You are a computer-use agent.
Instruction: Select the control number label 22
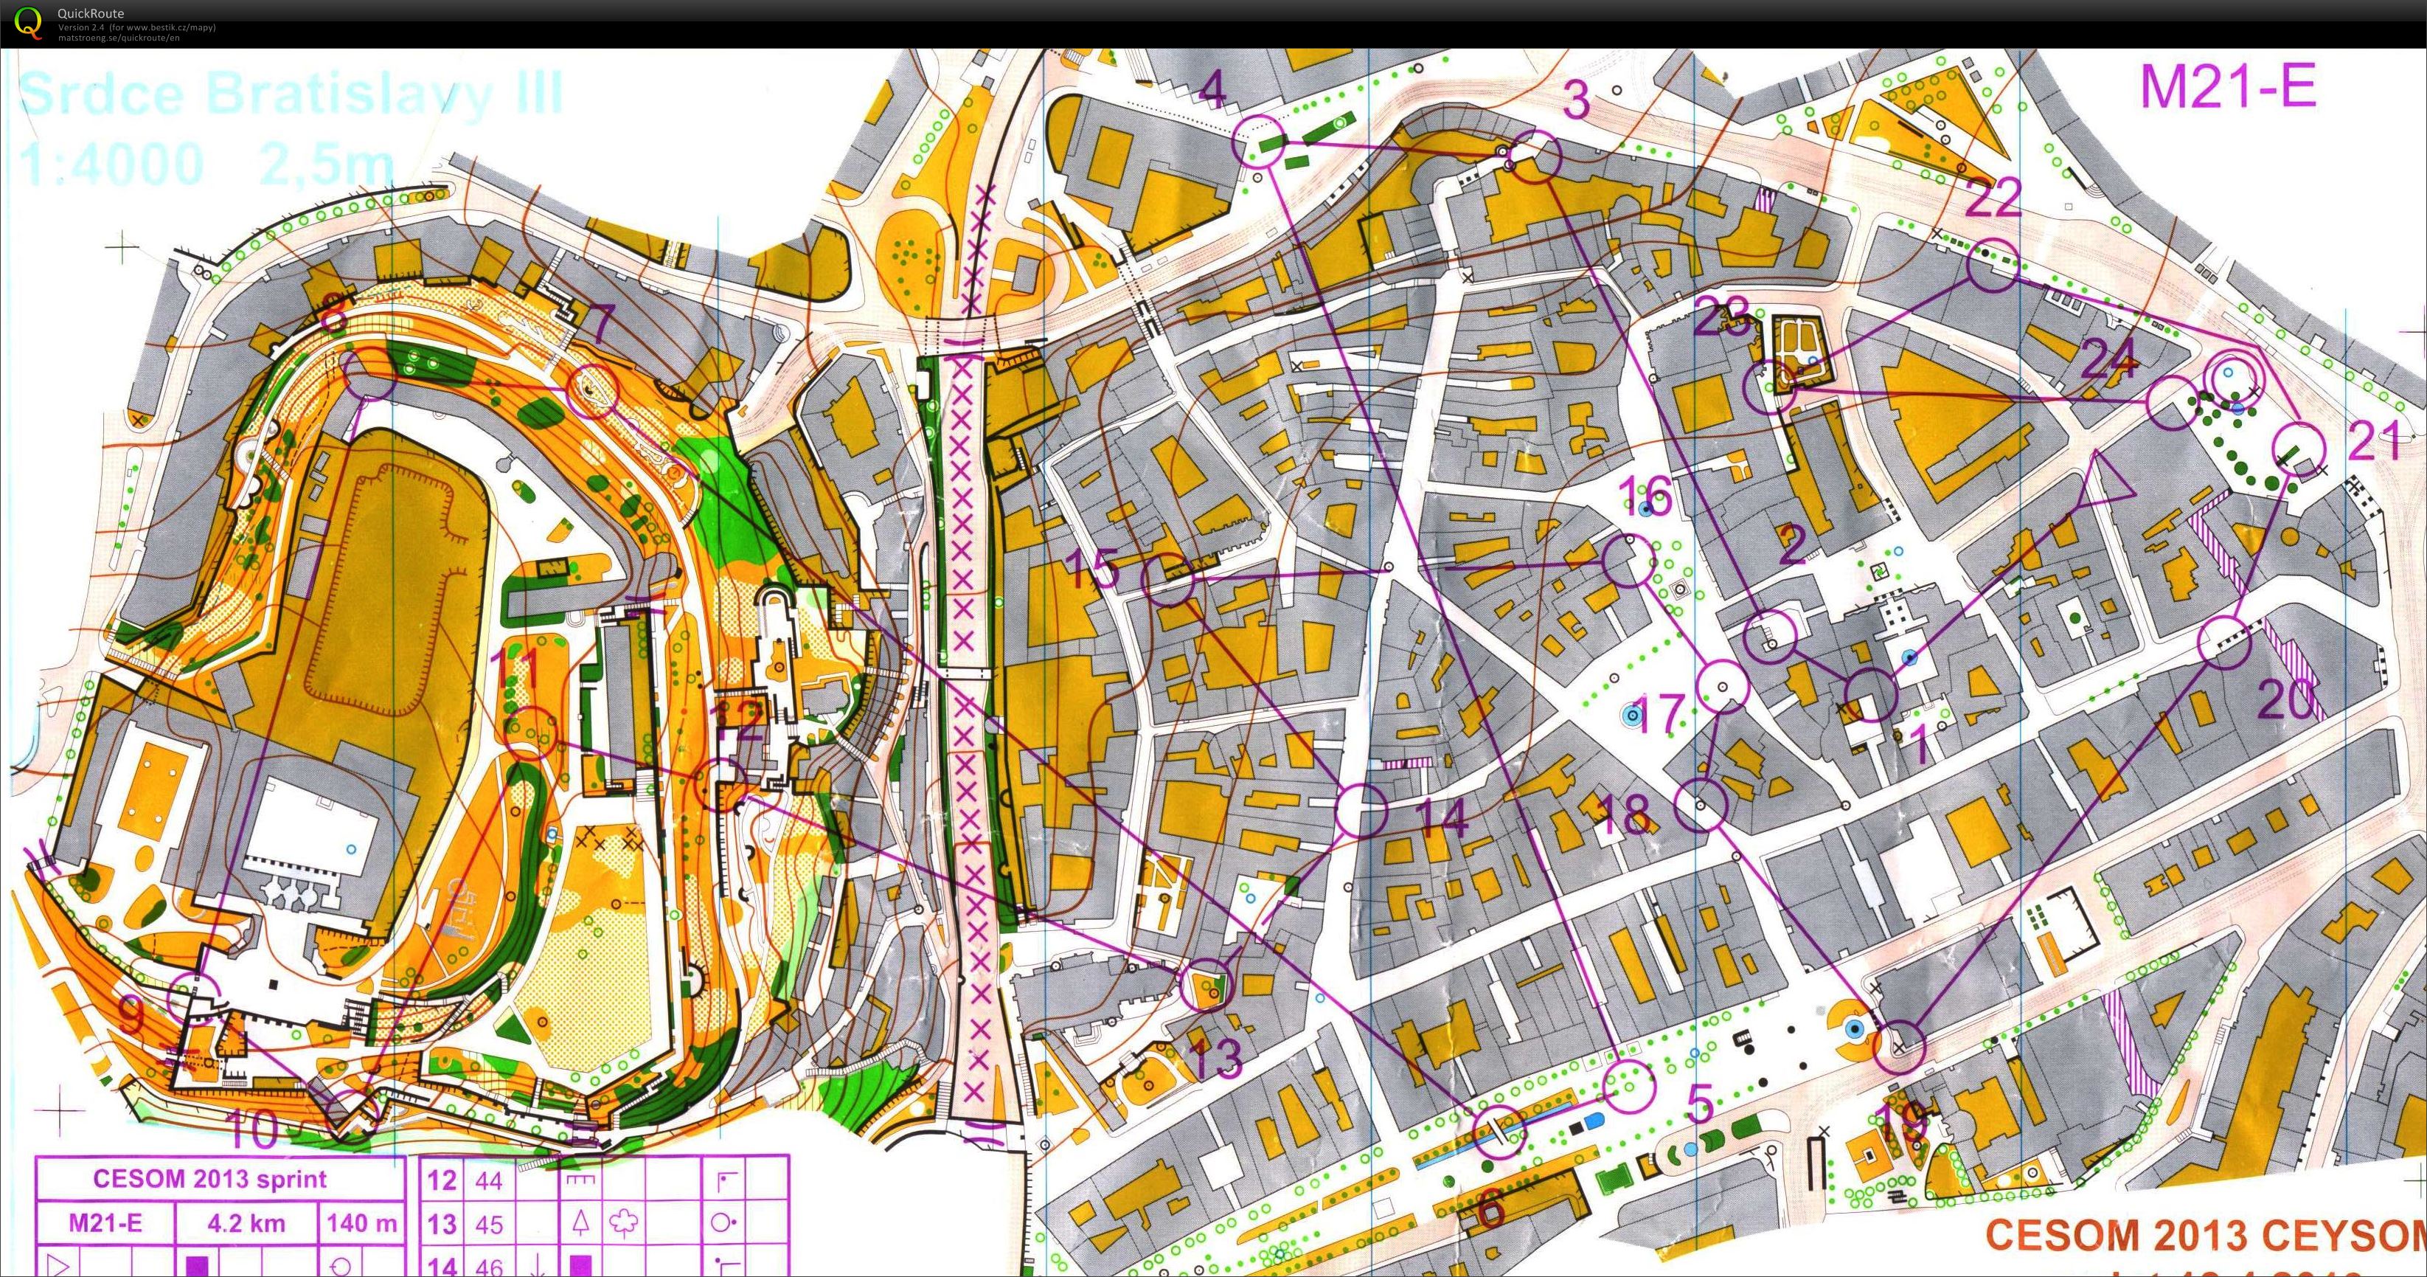tap(1993, 197)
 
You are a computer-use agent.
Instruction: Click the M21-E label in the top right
tap(2227, 87)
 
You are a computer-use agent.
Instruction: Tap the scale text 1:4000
tap(111, 162)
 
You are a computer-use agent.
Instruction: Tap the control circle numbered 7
tap(591, 391)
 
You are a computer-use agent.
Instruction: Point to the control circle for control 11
tap(530, 731)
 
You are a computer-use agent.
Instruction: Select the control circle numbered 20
tap(2223, 643)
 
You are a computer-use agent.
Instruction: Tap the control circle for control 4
tap(1259, 142)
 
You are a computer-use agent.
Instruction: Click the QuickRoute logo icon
tap(28, 23)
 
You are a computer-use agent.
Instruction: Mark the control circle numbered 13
tap(1206, 985)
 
